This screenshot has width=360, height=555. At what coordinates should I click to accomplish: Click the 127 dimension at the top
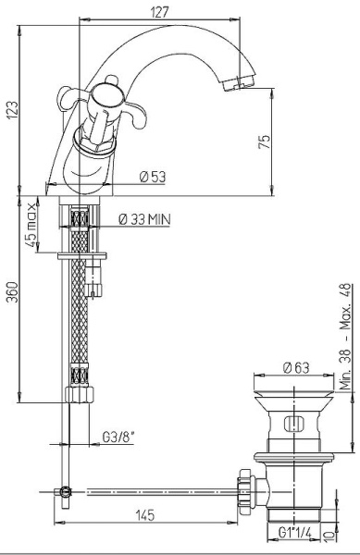tap(160, 13)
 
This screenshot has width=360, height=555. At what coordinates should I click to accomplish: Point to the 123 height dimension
tap(12, 110)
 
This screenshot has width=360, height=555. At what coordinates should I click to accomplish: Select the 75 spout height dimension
tap(265, 142)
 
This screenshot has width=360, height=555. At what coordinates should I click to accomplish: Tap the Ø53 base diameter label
tap(153, 177)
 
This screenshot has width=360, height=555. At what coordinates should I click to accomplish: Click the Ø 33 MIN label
tap(144, 219)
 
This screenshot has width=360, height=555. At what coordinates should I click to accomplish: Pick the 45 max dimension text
tap(31, 225)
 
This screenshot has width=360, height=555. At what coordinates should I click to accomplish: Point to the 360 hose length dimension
tap(12, 292)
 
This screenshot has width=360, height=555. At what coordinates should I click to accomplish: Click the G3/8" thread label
tap(118, 438)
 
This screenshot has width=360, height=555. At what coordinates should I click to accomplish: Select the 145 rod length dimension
tap(144, 515)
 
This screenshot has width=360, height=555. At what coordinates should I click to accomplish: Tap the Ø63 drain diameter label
tap(296, 368)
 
